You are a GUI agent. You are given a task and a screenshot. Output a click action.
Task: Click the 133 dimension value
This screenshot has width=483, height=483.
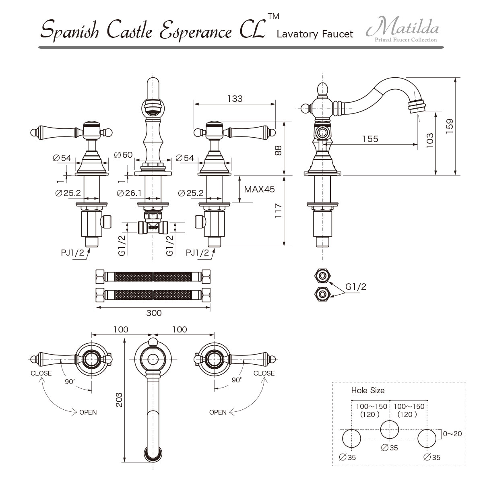235,99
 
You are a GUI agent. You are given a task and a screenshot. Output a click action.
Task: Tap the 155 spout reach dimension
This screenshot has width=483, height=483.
370,139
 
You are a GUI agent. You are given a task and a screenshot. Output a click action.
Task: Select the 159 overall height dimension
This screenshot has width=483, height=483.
450,126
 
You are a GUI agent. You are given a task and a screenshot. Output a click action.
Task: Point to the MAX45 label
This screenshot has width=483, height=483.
260,189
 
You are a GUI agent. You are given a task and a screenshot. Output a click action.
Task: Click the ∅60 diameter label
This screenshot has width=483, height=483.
123,155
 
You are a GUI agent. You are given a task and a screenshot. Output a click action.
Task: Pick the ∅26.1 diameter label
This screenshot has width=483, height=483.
129,193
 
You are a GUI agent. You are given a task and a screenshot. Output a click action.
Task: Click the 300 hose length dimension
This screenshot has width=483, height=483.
154,313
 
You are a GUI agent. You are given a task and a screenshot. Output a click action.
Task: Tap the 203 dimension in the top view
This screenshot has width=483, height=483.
119,400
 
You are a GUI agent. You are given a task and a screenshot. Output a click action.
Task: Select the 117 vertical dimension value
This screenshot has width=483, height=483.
278,211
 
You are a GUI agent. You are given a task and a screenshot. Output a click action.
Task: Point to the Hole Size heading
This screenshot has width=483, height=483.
368,390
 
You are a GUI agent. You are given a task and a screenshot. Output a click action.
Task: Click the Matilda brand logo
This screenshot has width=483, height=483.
402,29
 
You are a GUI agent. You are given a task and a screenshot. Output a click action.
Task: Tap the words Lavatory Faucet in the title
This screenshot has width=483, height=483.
315,34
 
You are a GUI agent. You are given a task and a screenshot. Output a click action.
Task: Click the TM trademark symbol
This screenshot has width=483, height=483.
273,16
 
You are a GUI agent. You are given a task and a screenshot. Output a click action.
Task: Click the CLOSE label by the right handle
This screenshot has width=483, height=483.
264,373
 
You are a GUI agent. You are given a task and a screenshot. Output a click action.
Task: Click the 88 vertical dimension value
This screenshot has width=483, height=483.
278,151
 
